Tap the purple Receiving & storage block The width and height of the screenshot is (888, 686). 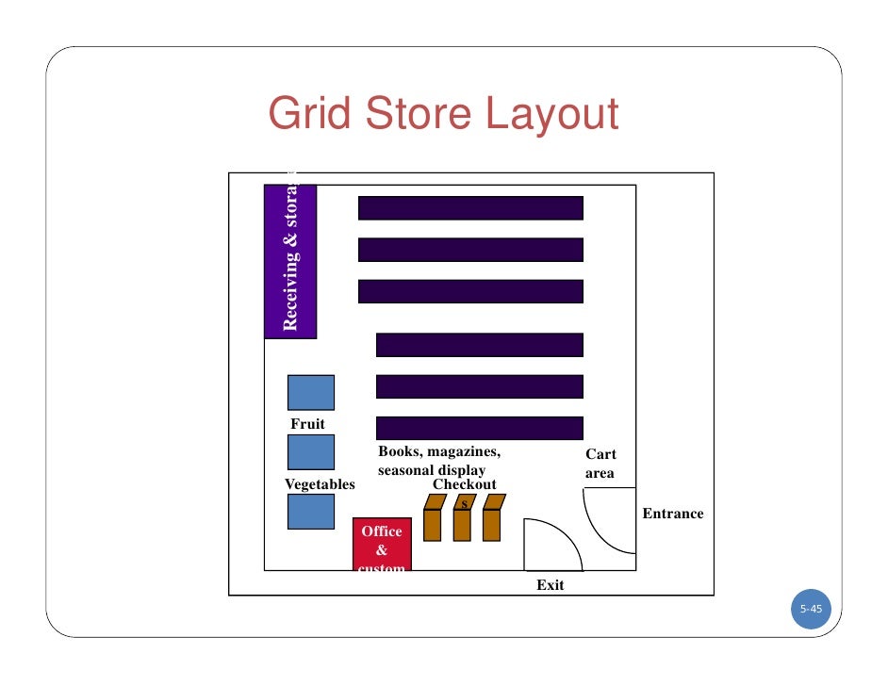coord(290,261)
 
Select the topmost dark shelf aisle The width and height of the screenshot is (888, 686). coord(470,207)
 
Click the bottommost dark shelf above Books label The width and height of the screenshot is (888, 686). coord(480,428)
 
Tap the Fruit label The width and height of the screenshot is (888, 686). coord(307,424)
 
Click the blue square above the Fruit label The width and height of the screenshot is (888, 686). coord(311,393)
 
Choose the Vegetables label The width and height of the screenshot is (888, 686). coord(320,484)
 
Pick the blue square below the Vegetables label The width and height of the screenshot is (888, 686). coord(311,511)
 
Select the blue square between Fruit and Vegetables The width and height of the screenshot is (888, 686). coord(311,452)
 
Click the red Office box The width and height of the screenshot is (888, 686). coord(382,546)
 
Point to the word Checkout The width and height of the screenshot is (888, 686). coord(464,484)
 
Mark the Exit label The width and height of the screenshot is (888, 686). coord(551,585)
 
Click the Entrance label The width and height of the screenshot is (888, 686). coord(673,514)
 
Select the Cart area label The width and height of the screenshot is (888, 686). coord(600,464)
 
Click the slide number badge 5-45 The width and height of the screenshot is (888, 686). coord(811,610)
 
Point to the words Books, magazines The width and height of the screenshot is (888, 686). coord(439,451)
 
